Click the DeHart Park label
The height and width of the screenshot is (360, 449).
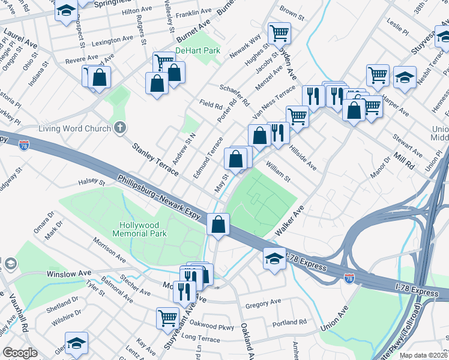click(197, 51)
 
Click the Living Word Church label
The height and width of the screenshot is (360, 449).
click(74, 128)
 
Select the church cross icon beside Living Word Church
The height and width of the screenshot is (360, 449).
click(120, 128)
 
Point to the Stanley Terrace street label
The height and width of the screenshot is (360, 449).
click(155, 158)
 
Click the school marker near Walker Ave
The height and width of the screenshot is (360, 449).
click(274, 259)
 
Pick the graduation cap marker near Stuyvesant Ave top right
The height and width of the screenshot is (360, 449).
click(405, 77)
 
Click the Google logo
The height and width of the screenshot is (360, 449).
click(20, 353)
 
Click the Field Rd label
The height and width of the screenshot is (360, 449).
click(211, 104)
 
